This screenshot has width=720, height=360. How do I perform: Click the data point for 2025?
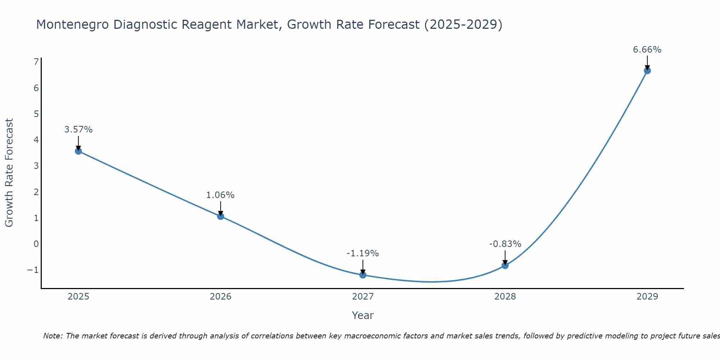tap(78, 151)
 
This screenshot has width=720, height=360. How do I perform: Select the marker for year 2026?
tap(221, 216)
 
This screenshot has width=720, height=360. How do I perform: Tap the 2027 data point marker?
tap(363, 275)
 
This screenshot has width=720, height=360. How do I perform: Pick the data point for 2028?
tap(505, 265)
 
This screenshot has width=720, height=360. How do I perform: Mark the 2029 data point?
tap(647, 71)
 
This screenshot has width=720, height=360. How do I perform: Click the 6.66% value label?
tap(647, 50)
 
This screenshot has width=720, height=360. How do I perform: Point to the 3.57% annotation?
tap(78, 130)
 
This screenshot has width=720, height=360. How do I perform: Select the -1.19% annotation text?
tap(363, 253)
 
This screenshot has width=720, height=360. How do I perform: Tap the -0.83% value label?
tap(505, 244)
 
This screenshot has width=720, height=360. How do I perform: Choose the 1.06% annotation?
tap(220, 195)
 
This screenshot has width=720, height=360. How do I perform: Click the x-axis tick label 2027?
tap(363, 297)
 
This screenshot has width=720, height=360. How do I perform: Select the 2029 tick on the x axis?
tap(647, 297)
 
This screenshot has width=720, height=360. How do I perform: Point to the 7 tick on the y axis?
tap(36, 62)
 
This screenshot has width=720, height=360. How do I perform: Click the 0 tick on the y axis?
tap(36, 244)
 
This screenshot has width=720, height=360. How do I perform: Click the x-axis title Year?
tap(363, 315)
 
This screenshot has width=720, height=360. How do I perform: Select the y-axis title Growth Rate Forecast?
tap(9, 173)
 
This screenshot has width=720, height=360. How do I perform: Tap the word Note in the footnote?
tap(53, 336)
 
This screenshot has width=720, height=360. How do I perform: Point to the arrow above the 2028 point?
tap(505, 257)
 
